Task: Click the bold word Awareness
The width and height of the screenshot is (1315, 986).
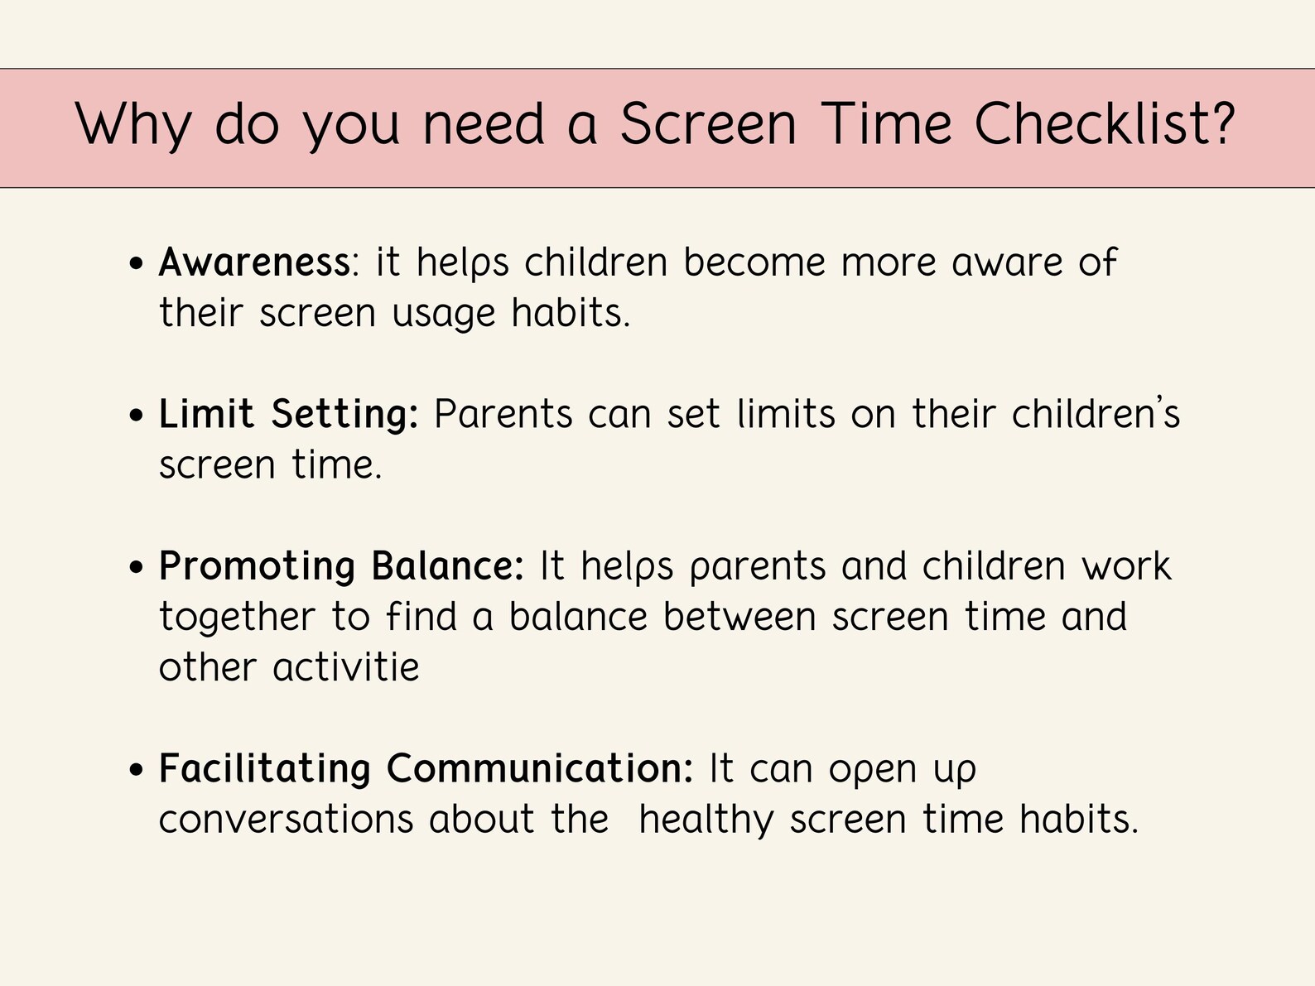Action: (x=254, y=263)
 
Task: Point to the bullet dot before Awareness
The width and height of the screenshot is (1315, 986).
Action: (x=137, y=265)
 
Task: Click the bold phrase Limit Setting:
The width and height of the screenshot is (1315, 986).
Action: (x=288, y=414)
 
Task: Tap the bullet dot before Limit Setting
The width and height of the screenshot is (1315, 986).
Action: (x=137, y=416)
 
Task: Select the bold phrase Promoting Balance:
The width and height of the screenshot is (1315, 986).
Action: (x=341, y=566)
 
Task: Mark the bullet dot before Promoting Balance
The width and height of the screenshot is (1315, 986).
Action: (x=137, y=569)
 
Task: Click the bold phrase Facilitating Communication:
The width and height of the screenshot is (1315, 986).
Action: (x=426, y=768)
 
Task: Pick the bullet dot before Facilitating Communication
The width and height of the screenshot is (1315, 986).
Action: (x=137, y=771)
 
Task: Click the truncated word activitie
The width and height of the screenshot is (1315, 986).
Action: (x=346, y=667)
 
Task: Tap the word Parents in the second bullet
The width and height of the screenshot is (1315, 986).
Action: (x=503, y=414)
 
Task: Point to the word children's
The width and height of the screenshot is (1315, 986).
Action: (x=1095, y=414)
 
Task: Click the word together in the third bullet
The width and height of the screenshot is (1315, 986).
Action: (x=238, y=618)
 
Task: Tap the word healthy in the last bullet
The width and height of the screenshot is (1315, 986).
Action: (x=706, y=820)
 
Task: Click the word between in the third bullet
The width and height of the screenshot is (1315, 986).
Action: (x=739, y=618)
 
